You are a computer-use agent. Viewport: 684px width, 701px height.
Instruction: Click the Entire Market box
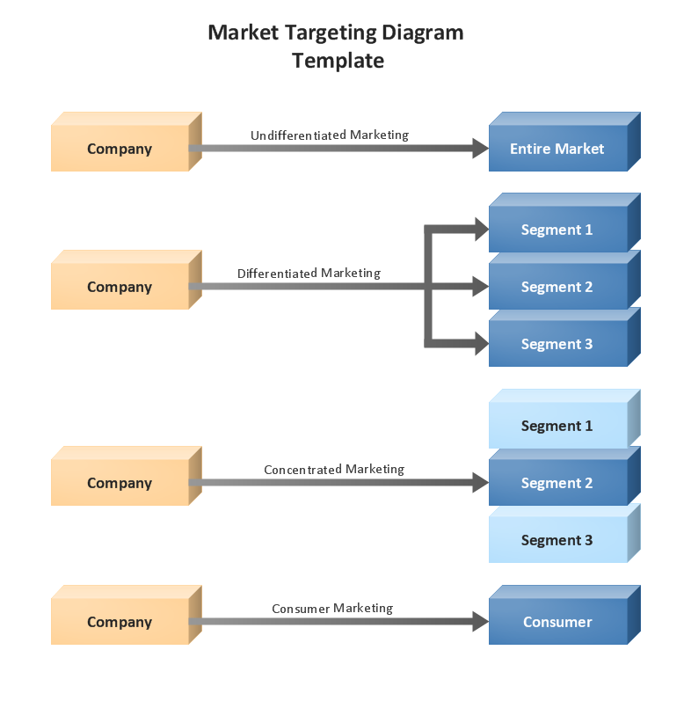[x=557, y=149]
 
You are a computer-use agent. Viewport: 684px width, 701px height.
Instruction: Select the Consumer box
[x=557, y=622]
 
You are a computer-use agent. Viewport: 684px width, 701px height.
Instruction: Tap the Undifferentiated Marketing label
[x=330, y=135]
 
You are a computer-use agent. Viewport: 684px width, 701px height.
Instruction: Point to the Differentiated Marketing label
[x=309, y=274]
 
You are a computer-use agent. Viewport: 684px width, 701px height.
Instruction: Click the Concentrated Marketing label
[x=334, y=470]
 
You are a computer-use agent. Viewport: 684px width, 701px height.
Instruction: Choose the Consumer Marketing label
[x=332, y=609]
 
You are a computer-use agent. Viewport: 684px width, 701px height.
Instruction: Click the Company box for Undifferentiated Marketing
[x=120, y=149]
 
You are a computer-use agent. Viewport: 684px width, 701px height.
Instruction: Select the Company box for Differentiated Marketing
[x=120, y=287]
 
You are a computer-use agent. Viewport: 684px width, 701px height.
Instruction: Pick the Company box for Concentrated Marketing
[x=120, y=483]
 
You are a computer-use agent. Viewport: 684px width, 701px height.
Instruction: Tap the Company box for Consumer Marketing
[x=120, y=622]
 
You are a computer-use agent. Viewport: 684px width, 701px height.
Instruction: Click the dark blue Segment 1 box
[x=557, y=230]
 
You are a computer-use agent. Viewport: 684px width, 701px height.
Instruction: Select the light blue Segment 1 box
[x=557, y=426]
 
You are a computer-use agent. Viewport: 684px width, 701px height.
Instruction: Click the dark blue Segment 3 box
[x=557, y=344]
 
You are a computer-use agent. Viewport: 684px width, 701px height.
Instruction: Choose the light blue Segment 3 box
[x=557, y=540]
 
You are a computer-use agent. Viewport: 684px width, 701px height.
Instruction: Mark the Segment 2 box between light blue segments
[x=557, y=483]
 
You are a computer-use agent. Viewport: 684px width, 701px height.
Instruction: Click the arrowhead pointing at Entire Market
[x=480, y=149]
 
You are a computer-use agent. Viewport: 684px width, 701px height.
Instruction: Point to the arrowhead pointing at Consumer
[x=480, y=622]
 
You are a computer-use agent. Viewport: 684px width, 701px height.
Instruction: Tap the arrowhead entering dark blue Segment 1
[x=480, y=230]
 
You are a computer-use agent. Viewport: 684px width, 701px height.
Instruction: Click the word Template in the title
[x=338, y=61]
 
